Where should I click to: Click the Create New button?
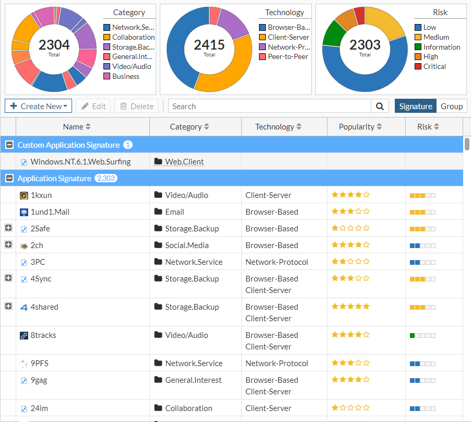point(38,106)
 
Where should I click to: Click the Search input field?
point(269,106)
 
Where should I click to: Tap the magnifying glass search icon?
point(380,106)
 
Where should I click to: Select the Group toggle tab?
point(451,106)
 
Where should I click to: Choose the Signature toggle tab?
point(416,106)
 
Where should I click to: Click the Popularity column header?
point(360,126)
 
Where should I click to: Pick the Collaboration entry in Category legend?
point(133,37)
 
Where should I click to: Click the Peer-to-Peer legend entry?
point(288,56)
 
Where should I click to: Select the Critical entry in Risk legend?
point(434,66)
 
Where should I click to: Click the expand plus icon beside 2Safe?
point(8,228)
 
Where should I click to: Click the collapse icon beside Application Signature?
point(9,178)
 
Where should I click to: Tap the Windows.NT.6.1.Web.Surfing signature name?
point(80,162)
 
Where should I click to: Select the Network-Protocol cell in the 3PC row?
point(277,262)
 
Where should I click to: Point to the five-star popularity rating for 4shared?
point(350,307)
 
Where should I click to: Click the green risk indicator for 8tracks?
point(413,335)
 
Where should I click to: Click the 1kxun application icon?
point(23,195)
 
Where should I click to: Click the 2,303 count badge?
point(106,178)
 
